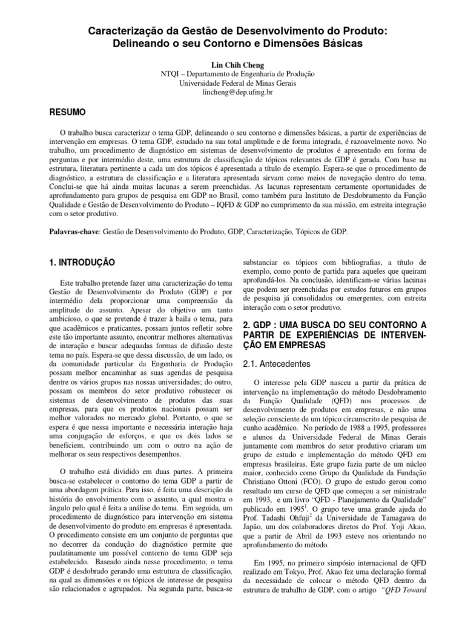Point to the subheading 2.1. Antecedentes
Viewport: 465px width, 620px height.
pos(277,364)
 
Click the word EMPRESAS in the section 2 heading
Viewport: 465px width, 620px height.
pos(275,345)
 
